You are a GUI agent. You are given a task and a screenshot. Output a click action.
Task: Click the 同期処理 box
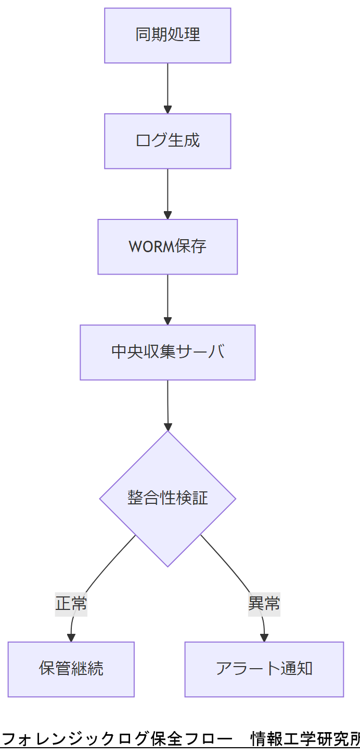[168, 35]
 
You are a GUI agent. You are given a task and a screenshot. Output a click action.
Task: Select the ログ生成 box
[168, 141]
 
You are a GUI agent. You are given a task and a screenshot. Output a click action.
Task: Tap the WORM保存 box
[168, 246]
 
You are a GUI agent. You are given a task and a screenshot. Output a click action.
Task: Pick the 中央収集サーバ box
[168, 352]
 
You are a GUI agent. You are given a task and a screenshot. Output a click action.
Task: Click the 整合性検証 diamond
[168, 498]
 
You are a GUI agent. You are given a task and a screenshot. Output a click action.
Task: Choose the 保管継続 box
[71, 669]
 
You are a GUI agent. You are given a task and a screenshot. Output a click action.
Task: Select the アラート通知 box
[264, 669]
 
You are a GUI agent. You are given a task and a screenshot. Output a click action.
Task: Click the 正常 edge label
[71, 604]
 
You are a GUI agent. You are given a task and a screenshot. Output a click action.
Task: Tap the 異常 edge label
[264, 604]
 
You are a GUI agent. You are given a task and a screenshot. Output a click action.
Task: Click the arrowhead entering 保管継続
[71, 637]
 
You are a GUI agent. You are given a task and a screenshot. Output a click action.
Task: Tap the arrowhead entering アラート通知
[264, 637]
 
